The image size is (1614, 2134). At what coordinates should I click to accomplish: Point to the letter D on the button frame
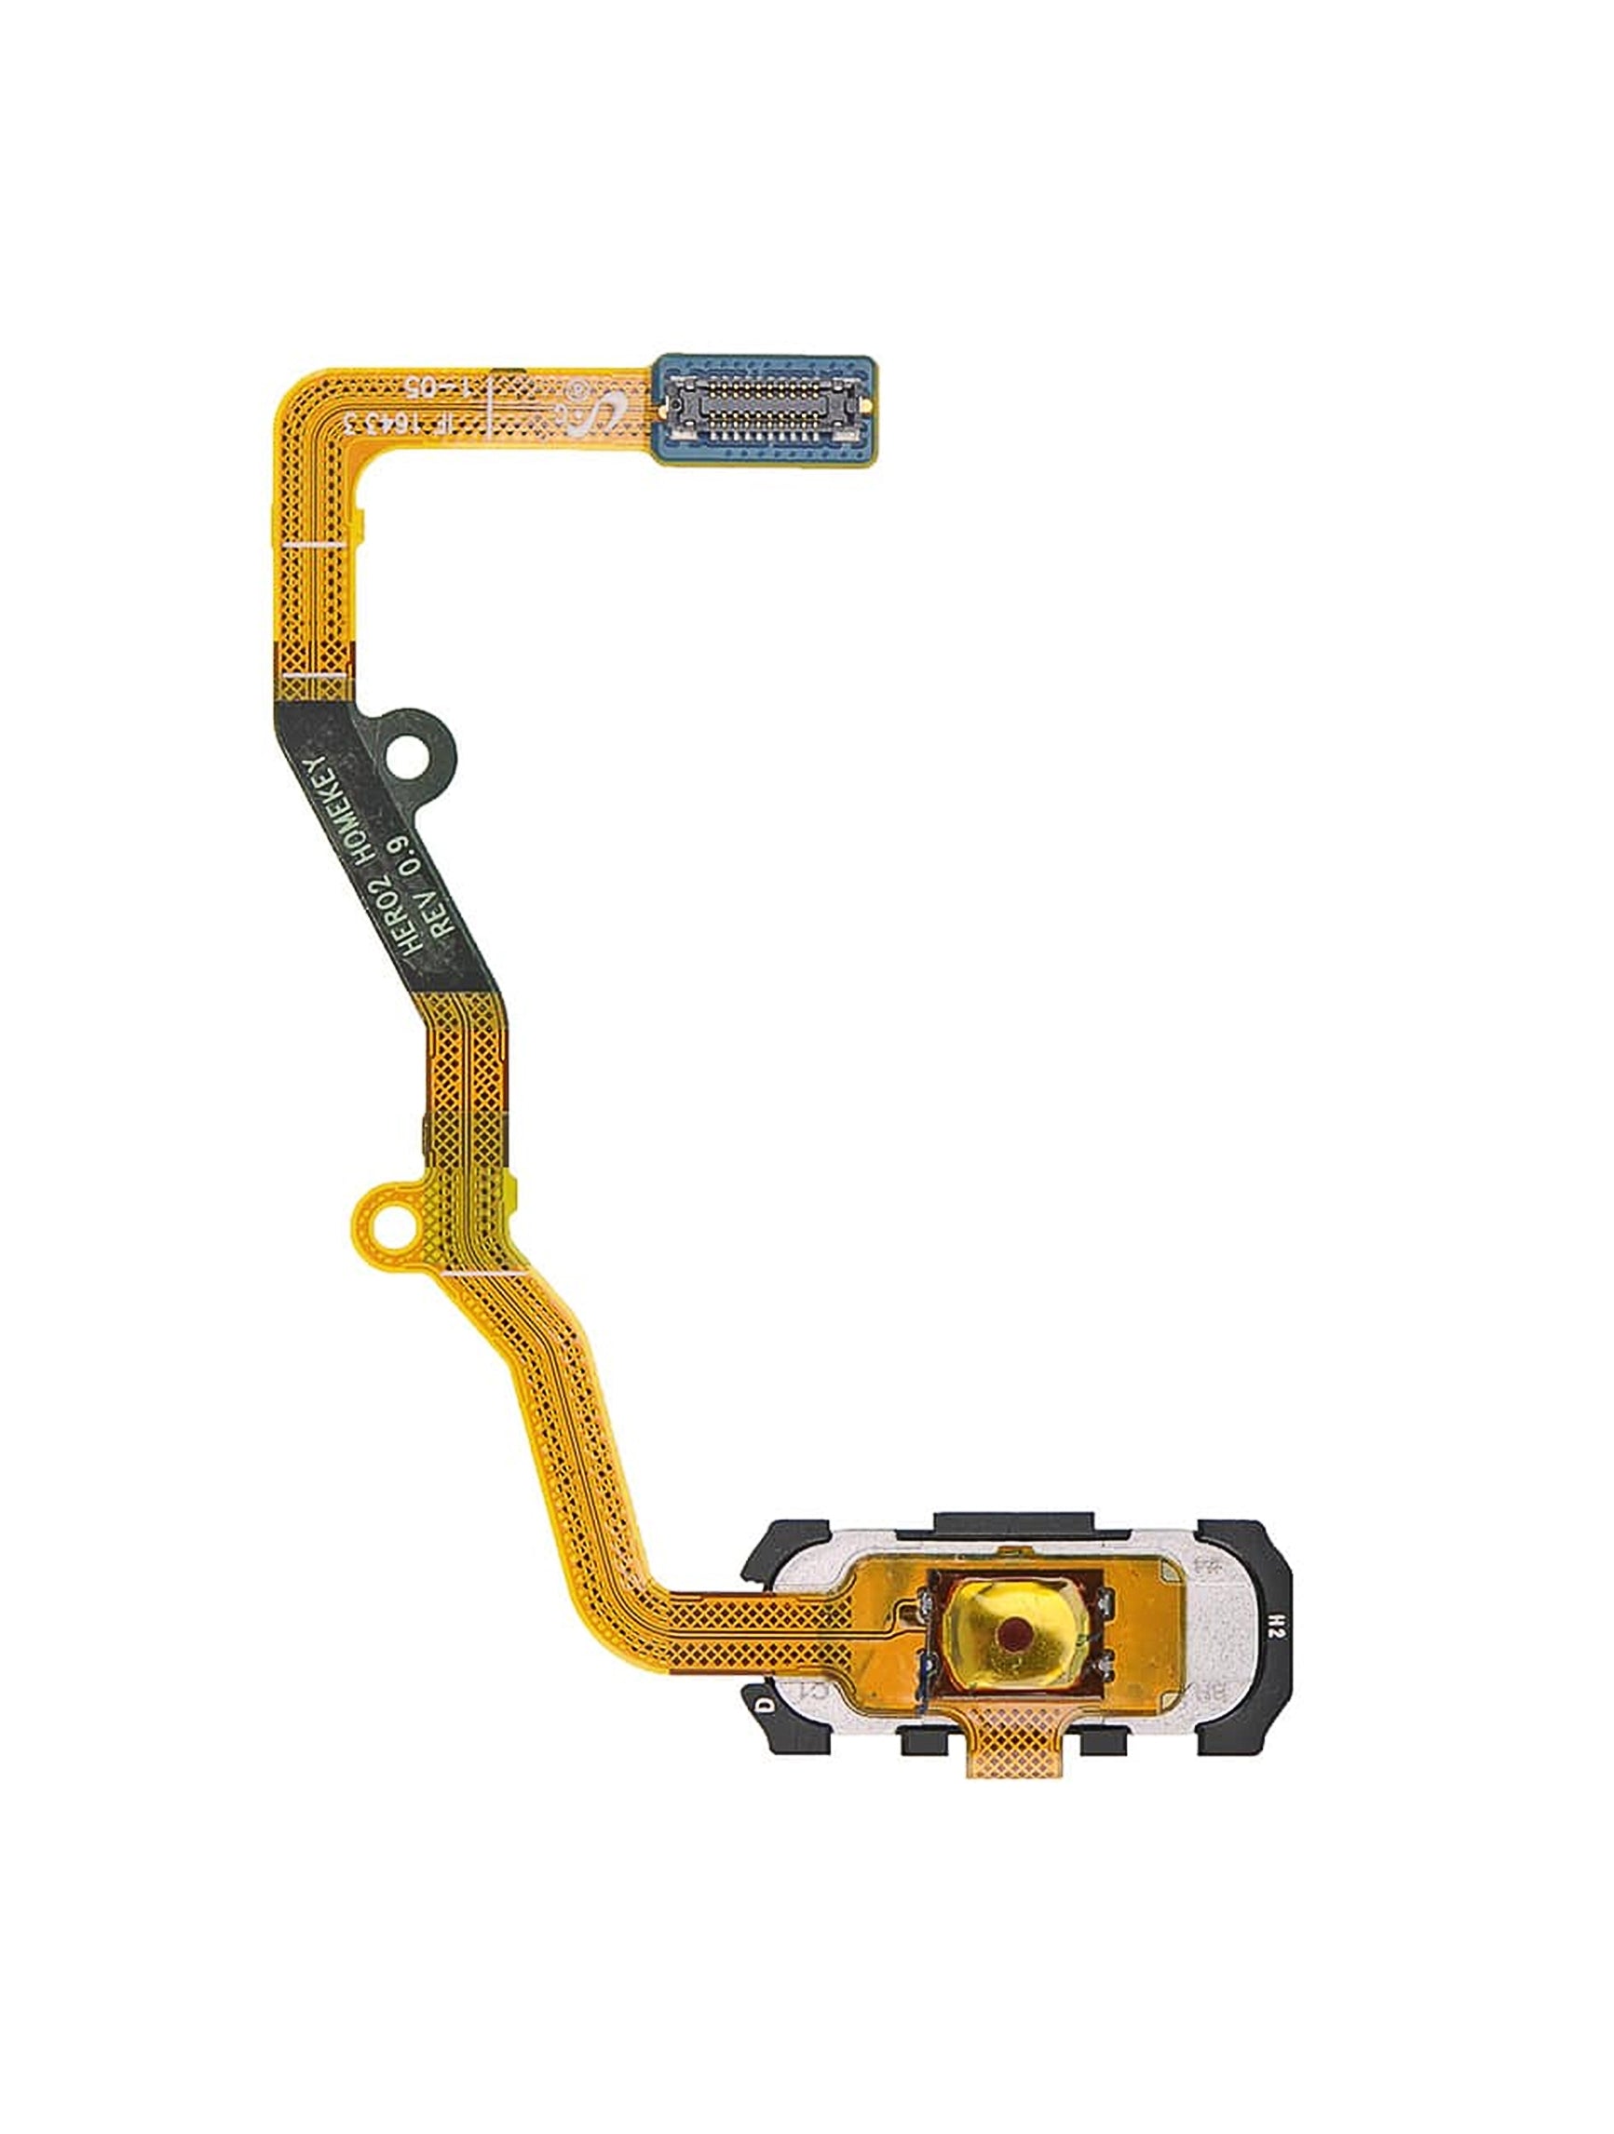(x=766, y=1704)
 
